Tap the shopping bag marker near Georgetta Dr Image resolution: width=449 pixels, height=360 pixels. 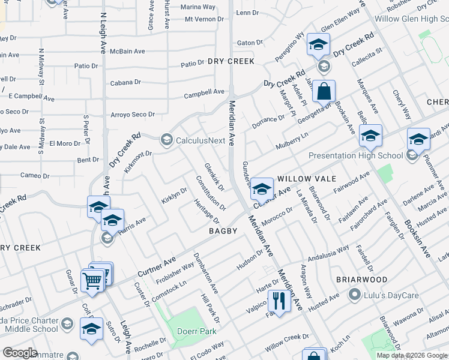click(323, 93)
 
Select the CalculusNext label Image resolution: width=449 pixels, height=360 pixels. click(200, 141)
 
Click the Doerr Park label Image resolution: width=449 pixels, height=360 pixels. click(194, 332)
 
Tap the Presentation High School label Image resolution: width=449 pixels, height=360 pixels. click(355, 156)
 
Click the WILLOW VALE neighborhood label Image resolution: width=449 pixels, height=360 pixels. click(306, 179)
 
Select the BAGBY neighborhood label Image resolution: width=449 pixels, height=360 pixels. click(224, 231)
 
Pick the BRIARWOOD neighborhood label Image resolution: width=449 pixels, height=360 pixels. click(361, 280)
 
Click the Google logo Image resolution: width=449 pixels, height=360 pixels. click(20, 353)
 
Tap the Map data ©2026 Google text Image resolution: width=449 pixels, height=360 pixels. click(411, 355)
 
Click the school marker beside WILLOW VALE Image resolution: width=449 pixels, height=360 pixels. click(262, 189)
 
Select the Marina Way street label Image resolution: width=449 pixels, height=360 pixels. click(198, 7)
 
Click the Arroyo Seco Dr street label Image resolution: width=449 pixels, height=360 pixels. click(133, 115)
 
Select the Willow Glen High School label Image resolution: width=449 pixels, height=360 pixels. click(411, 19)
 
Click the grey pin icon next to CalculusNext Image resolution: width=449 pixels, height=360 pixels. click(165, 141)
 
